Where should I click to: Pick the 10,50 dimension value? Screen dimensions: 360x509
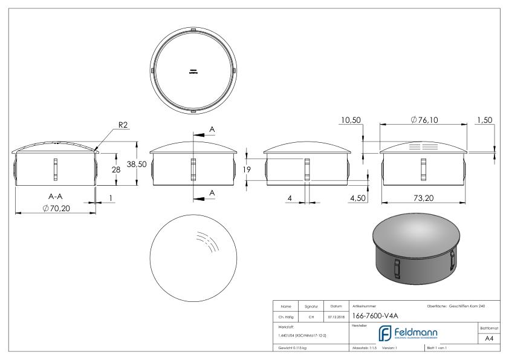[350, 120]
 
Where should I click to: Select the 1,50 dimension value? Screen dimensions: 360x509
[484, 120]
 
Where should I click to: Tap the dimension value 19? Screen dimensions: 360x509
[247, 170]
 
